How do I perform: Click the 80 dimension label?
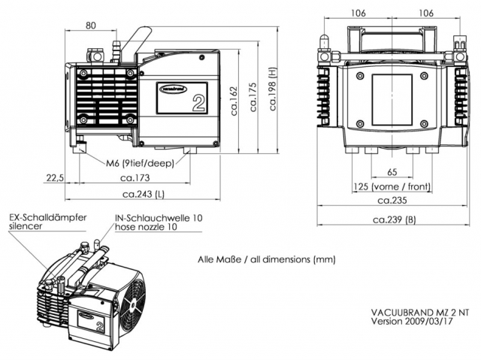click(91, 26)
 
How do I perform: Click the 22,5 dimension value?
click(54, 178)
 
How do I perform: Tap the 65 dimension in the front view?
click(392, 172)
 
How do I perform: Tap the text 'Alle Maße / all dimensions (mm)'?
click(266, 259)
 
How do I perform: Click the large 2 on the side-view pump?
click(198, 103)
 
